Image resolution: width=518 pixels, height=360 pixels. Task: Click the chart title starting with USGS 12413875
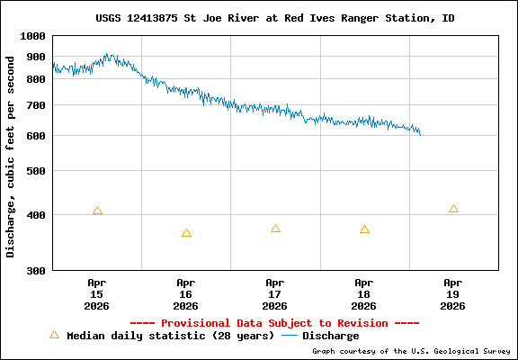coord(274,18)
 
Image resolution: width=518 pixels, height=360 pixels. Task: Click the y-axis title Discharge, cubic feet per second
coord(11,156)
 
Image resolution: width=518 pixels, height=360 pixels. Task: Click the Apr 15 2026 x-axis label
coord(97,293)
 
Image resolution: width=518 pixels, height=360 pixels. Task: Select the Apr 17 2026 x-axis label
coord(275,293)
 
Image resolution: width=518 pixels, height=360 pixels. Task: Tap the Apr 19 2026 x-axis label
coord(453,293)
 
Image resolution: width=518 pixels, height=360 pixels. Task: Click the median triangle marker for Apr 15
coord(97,211)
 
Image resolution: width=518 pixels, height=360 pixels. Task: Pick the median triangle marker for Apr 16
coord(186,233)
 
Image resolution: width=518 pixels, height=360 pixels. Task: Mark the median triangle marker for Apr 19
coord(453,209)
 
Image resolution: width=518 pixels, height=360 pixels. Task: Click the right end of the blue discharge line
coord(420,134)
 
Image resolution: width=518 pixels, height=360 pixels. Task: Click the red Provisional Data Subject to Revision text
coord(274,323)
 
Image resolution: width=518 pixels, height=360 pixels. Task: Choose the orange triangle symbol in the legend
coord(54,335)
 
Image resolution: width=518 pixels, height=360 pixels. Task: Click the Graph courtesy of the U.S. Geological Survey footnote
coord(413,351)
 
